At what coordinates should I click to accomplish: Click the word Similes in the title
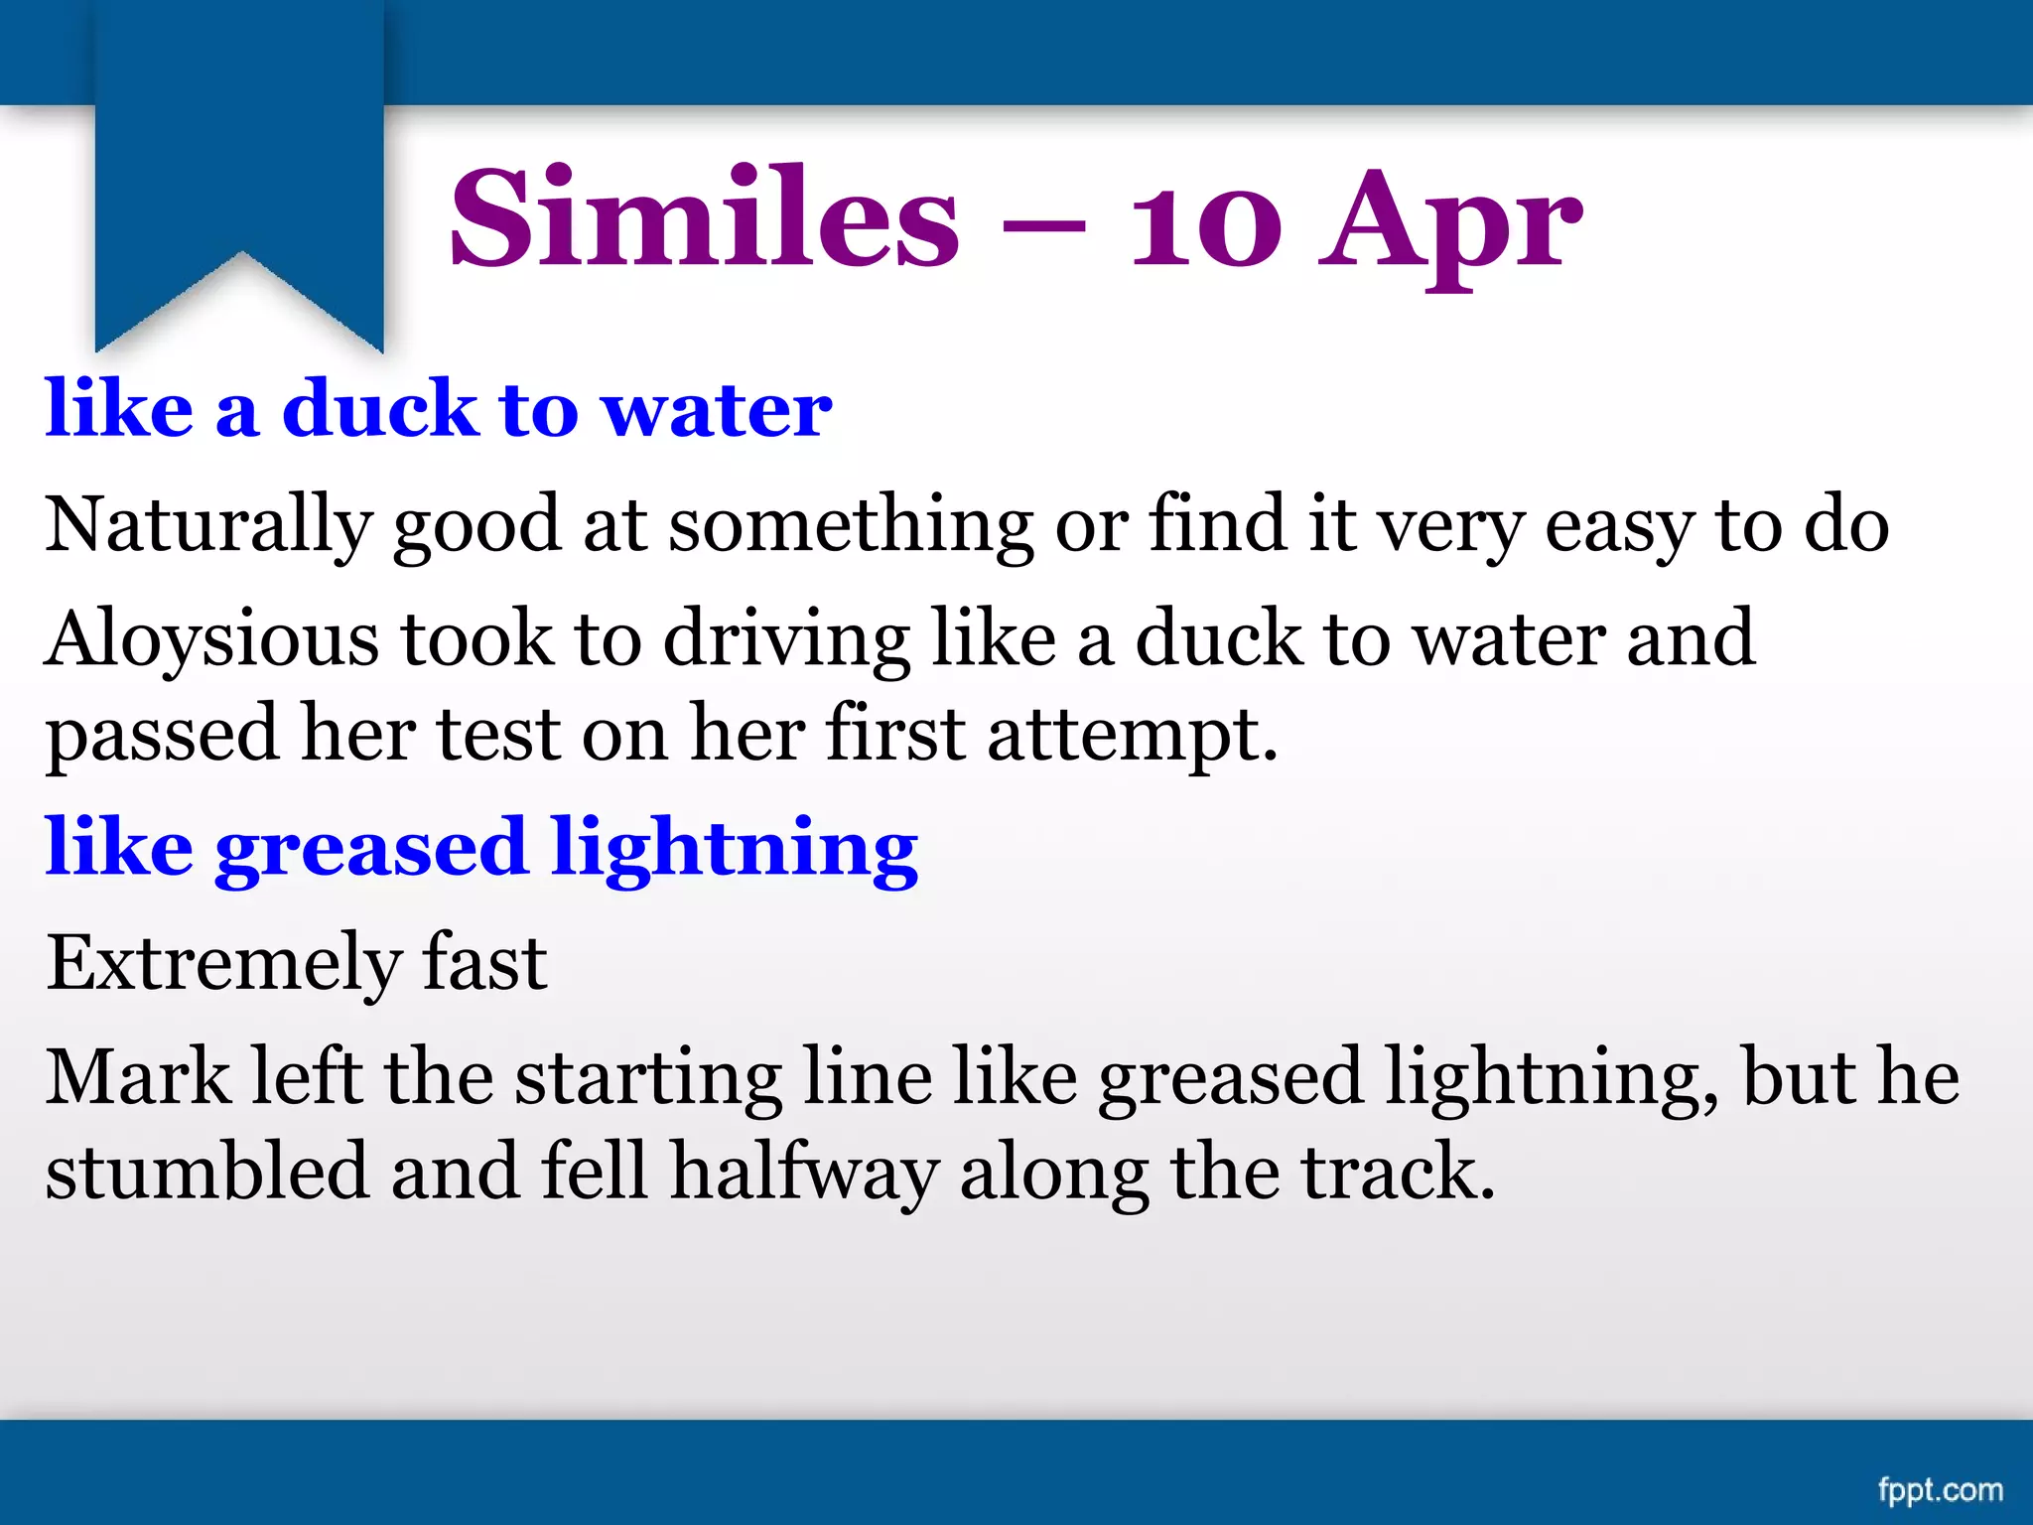click(704, 218)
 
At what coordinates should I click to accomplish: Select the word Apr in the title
click(1449, 223)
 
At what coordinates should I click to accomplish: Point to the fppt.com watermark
click(1940, 1489)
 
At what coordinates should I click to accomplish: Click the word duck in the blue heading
click(379, 409)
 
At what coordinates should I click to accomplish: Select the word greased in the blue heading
click(370, 850)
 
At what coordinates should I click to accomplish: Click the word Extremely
click(222, 964)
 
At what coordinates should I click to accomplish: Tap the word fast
click(484, 962)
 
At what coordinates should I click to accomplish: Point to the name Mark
click(138, 1076)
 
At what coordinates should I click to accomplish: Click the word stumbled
click(207, 1172)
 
